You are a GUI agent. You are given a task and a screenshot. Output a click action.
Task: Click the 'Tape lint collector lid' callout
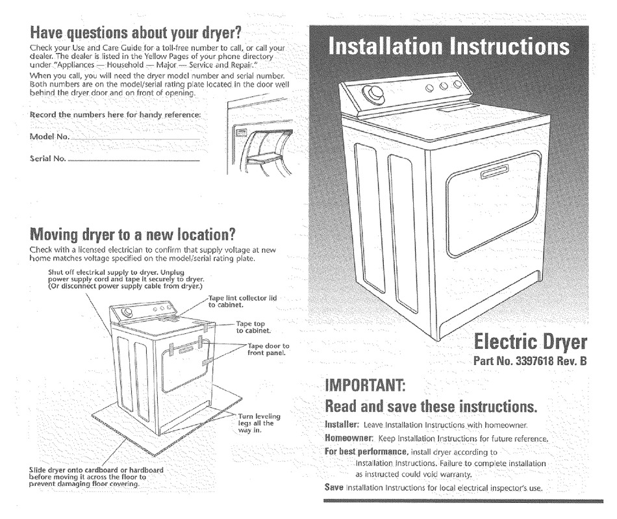pyautogui.click(x=242, y=301)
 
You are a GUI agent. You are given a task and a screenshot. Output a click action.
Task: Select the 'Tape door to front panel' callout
pyautogui.click(x=268, y=349)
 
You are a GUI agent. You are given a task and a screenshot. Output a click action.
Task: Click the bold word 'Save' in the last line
pyautogui.click(x=333, y=487)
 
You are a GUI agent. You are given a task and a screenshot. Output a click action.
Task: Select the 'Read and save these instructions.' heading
pyautogui.click(x=431, y=407)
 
